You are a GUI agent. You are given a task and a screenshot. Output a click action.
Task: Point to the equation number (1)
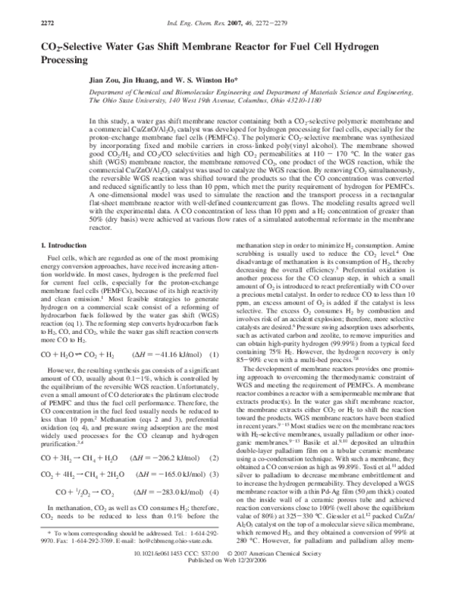coord(215,375)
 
